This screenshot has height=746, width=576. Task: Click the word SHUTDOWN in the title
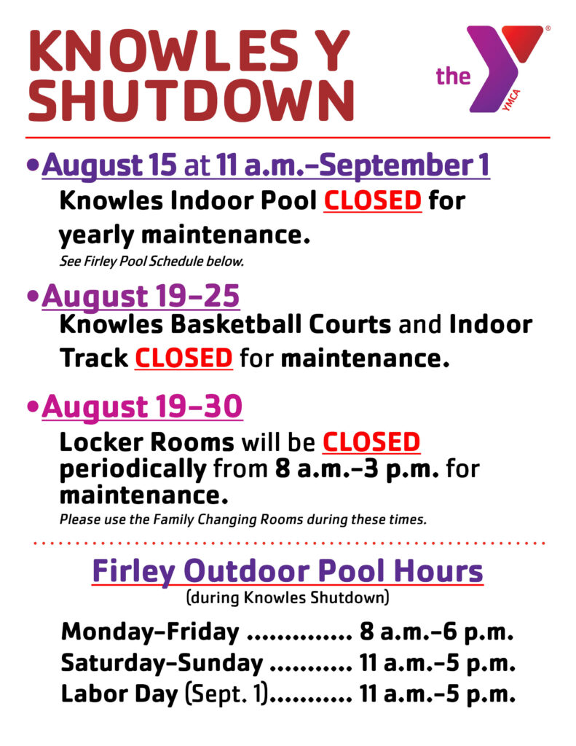pyautogui.click(x=192, y=101)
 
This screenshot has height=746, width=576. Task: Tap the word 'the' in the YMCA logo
pyautogui.click(x=453, y=76)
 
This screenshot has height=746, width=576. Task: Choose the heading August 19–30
pyautogui.click(x=142, y=407)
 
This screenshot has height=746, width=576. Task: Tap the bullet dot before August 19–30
pyautogui.click(x=33, y=407)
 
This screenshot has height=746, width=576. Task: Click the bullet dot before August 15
pyautogui.click(x=33, y=165)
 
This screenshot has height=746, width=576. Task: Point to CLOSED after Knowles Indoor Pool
pyautogui.click(x=372, y=200)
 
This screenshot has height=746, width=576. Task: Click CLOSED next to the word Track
pyautogui.click(x=184, y=358)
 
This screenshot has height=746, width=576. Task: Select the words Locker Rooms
pyautogui.click(x=147, y=442)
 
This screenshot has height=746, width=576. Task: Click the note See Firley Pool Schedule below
pyautogui.click(x=151, y=262)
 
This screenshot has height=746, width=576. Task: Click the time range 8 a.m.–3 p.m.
pyautogui.click(x=357, y=469)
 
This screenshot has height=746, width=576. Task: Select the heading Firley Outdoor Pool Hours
pyautogui.click(x=288, y=570)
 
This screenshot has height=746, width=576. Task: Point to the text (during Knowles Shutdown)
pyautogui.click(x=288, y=597)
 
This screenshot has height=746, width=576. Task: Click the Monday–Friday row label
pyautogui.click(x=150, y=632)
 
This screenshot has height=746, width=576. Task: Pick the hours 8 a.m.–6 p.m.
pyautogui.click(x=437, y=632)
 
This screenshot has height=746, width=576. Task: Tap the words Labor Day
pyautogui.click(x=119, y=694)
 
